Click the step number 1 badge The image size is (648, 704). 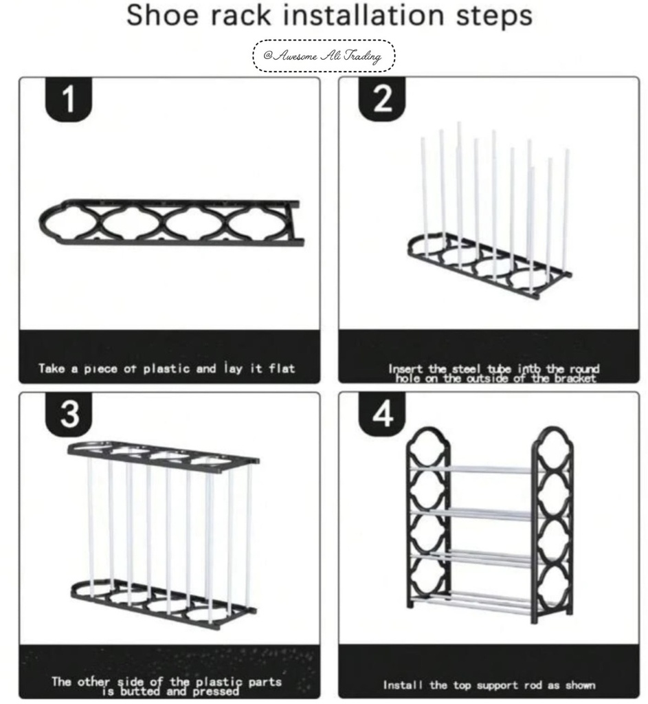tap(69, 100)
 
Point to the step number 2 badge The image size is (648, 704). tap(383, 100)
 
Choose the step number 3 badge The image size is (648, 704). tap(69, 416)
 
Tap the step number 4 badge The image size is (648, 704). tap(383, 416)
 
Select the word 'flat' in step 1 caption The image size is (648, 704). tap(281, 368)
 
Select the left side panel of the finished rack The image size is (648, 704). tap(427, 522)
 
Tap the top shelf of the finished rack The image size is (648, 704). tap(489, 470)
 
